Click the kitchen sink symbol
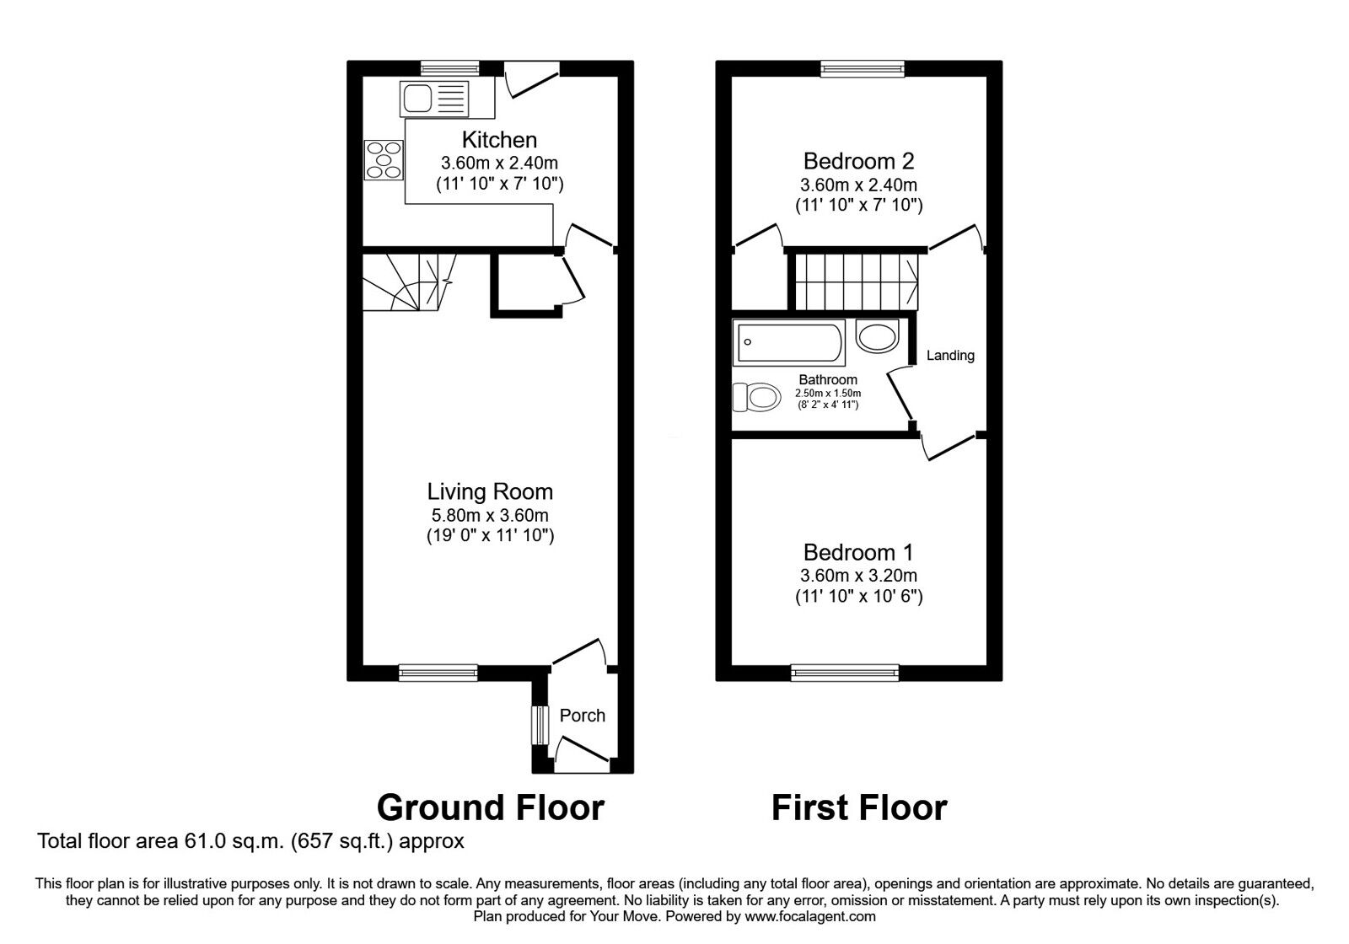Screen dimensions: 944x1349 [434, 99]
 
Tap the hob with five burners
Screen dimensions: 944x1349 [384, 159]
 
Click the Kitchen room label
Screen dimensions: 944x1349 [499, 140]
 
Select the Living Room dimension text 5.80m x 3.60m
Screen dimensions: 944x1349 [490, 515]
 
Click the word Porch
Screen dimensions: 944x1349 [582, 716]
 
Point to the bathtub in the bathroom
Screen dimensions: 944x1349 [787, 344]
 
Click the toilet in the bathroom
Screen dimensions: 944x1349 [755, 397]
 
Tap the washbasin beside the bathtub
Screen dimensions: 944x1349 [877, 336]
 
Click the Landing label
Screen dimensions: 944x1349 [950, 356]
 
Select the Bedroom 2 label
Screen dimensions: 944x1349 [858, 161]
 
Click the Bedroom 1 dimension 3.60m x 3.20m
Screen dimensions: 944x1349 [858, 576]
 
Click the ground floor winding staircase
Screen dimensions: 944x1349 [403, 282]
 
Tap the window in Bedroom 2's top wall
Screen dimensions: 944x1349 [862, 69]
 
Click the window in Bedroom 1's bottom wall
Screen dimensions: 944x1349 [845, 672]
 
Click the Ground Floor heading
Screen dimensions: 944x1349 [490, 807]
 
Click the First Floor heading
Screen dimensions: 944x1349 [859, 807]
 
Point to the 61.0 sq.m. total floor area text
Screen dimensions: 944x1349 [250, 840]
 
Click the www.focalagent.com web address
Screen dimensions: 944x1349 [809, 916]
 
